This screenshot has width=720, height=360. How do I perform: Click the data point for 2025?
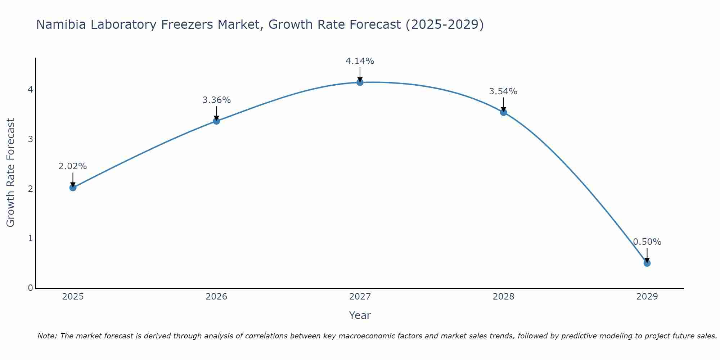tap(73, 188)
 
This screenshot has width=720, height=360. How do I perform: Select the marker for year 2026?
tap(216, 121)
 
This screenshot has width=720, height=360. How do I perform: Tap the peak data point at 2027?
tap(360, 82)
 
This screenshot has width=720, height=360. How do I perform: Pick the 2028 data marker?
tap(503, 112)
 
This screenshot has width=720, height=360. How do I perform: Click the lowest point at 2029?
tap(647, 263)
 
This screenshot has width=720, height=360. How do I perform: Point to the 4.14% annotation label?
tap(360, 61)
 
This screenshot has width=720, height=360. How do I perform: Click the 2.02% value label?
tap(73, 166)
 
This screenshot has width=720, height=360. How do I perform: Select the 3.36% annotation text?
tap(216, 100)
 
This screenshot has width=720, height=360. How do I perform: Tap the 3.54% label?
tap(503, 91)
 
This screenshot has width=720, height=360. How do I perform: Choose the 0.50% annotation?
tap(647, 242)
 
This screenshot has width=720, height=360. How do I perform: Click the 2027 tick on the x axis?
tap(360, 297)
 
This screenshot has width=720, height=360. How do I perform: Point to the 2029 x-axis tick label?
tap(647, 297)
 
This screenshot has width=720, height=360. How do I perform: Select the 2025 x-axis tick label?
tap(73, 297)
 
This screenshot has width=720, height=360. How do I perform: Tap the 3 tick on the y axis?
tap(31, 139)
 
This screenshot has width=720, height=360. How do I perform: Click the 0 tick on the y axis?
tap(31, 288)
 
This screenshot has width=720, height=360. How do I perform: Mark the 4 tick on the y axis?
tap(31, 89)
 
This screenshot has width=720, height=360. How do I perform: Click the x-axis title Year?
tap(360, 315)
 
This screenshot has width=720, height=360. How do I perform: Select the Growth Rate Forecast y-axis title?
tap(11, 172)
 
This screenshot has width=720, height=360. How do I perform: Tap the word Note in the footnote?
tap(46, 336)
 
